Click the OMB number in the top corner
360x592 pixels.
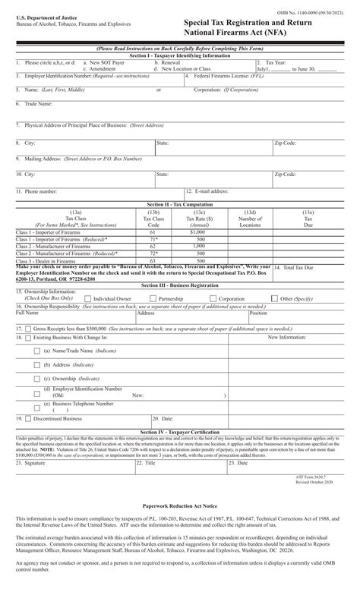(x=317, y=9)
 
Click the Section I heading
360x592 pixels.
(x=179, y=55)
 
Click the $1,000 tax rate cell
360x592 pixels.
(x=199, y=231)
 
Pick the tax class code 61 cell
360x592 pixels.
(x=153, y=231)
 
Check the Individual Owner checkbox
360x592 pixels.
(x=89, y=299)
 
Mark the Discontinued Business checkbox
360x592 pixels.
(x=27, y=418)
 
